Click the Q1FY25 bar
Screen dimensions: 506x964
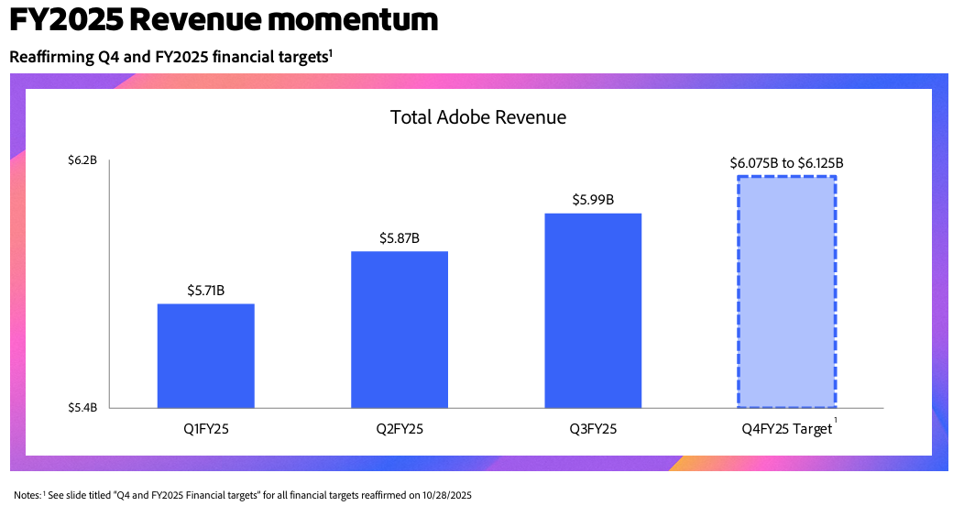point(205,356)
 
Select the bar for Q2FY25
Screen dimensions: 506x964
point(400,329)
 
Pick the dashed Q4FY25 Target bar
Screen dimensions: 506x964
point(786,291)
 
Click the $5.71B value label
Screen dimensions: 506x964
point(206,291)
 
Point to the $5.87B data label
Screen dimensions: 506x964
point(400,238)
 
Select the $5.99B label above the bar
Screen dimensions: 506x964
point(593,200)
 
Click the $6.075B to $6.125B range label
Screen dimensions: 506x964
point(786,163)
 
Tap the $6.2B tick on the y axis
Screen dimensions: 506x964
point(82,161)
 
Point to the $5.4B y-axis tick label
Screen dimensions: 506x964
point(82,407)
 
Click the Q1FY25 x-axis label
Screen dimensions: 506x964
point(206,428)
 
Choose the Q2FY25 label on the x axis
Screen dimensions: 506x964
point(400,428)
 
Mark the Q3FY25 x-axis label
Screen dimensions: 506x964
point(593,428)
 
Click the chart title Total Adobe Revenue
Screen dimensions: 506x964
point(478,117)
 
